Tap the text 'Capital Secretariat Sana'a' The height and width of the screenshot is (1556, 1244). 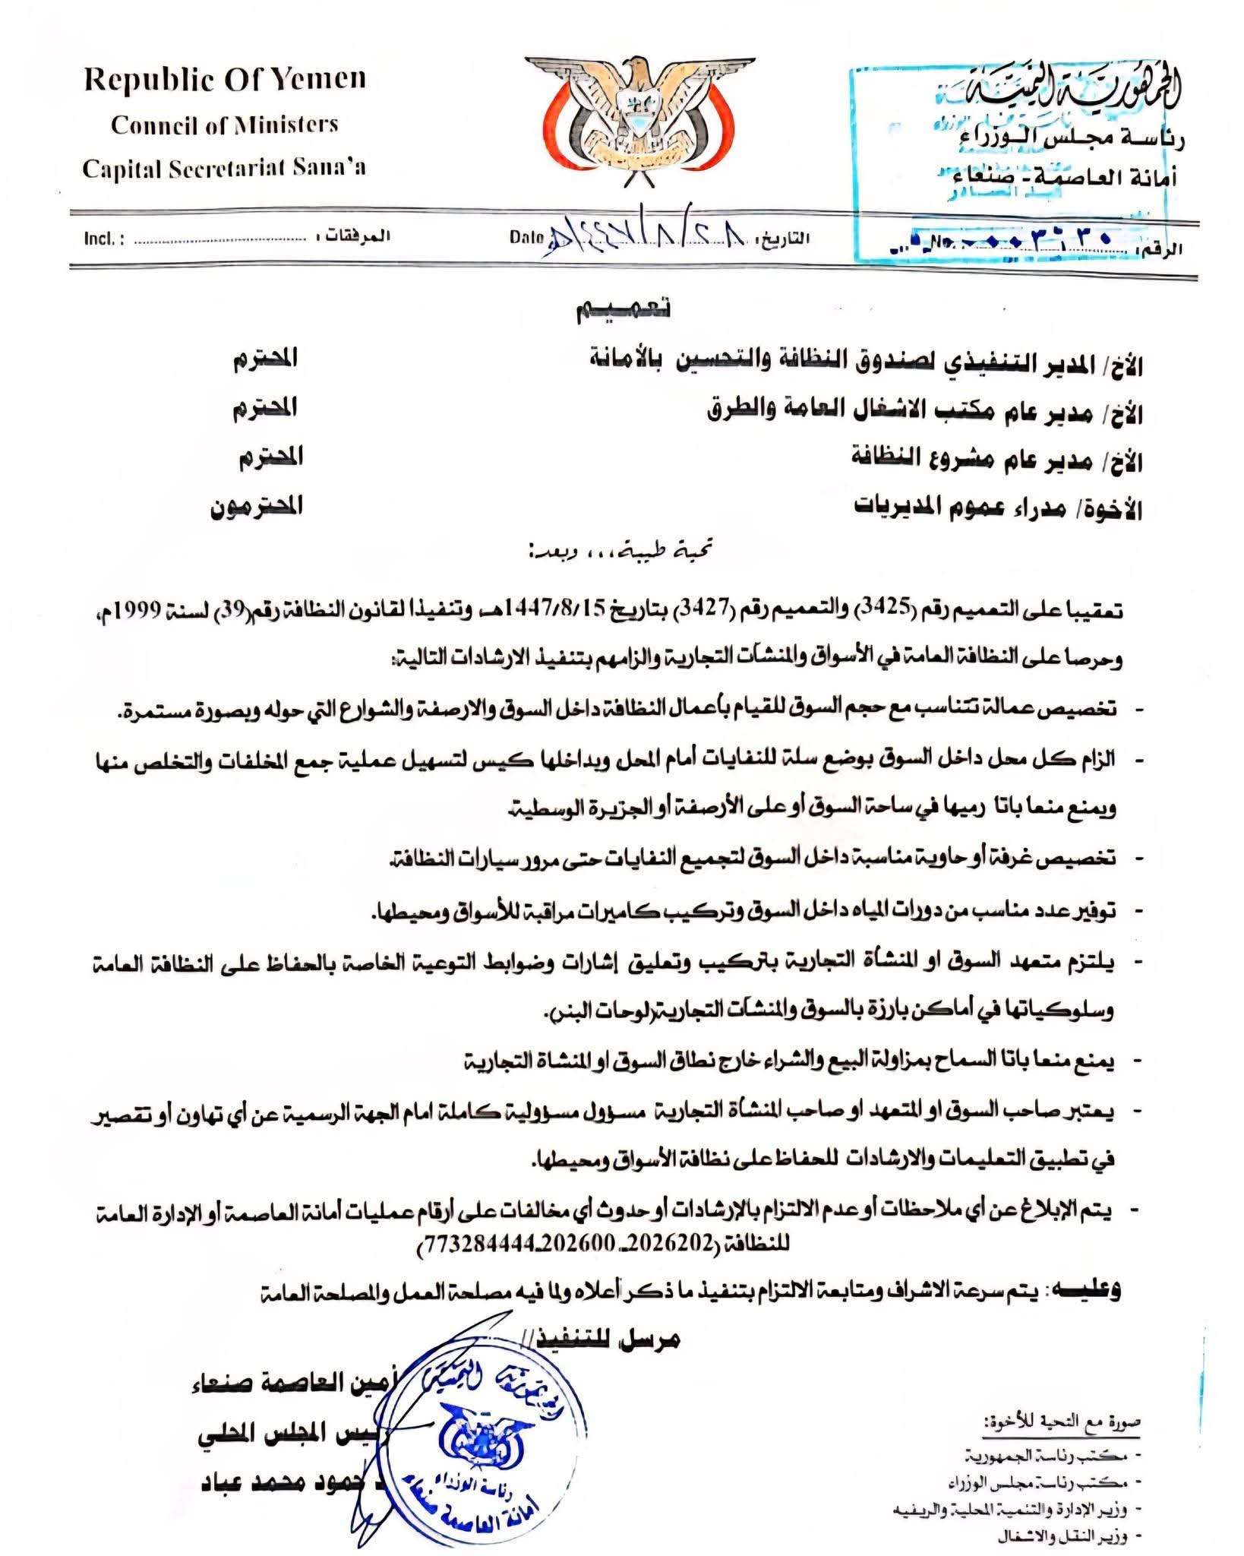224,167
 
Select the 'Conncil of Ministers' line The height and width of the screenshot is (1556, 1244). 225,125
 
